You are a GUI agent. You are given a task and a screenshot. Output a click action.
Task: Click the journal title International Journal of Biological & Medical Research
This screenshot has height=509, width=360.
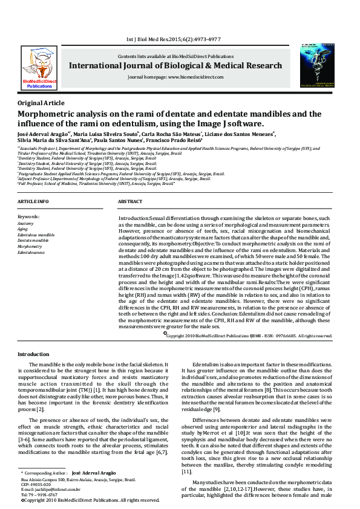(175, 66)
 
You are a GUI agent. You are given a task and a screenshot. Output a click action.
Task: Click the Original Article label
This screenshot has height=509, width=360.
(41, 103)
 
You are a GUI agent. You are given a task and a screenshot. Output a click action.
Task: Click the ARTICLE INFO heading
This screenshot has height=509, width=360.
(33, 201)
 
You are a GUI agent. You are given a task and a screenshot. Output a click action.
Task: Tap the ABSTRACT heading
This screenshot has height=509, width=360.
(130, 201)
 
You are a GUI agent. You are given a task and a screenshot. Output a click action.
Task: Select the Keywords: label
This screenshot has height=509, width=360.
(28, 216)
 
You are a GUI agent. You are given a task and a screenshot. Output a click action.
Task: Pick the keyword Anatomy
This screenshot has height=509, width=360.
(26, 223)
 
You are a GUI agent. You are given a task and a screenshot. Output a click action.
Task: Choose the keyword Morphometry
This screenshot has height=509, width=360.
(30, 247)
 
